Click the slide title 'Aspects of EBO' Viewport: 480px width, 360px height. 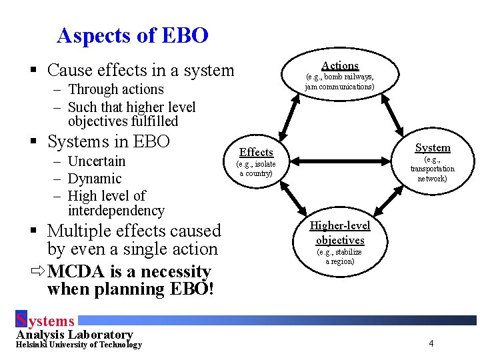coord(133,35)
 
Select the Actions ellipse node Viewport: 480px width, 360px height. coord(340,74)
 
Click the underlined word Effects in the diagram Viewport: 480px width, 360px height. coord(256,152)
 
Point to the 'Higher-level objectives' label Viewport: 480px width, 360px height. coord(340,233)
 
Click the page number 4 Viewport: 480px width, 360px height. coord(431,343)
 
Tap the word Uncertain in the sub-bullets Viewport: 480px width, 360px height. coord(97,161)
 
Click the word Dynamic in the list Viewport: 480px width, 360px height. coord(95,179)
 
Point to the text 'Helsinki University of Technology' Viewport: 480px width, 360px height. coord(79,345)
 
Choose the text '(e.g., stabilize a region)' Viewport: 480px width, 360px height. coord(340,257)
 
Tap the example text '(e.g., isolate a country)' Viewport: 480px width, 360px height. coord(256,169)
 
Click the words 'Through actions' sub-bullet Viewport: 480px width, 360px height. coord(115,89)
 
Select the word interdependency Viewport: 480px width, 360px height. coord(116,211)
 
